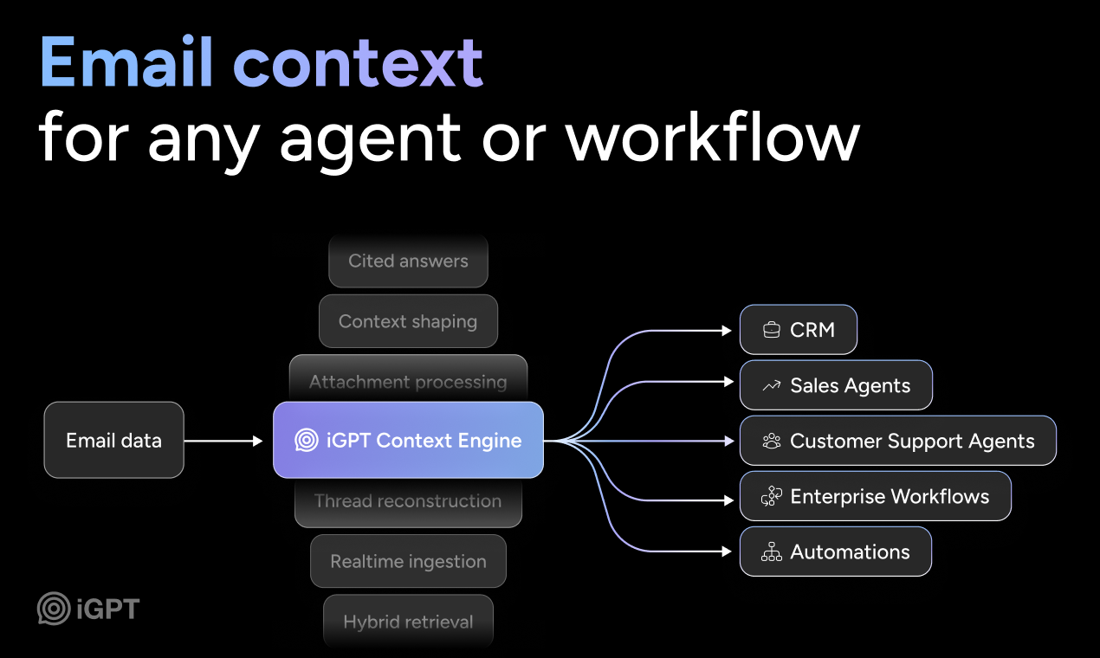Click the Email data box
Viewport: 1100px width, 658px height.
[113, 440]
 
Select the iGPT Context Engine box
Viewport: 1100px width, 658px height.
[408, 440]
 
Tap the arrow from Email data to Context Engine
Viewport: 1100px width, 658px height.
[223, 441]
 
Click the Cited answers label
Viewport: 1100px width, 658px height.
[408, 261]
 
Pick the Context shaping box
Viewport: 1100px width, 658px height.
[408, 321]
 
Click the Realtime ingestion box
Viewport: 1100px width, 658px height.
[408, 561]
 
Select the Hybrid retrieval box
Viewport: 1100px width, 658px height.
[408, 621]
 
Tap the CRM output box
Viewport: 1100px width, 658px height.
[798, 330]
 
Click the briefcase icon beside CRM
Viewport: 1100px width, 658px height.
[771, 330]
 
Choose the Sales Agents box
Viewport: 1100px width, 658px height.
[835, 385]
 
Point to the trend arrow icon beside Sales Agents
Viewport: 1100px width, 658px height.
[771, 386]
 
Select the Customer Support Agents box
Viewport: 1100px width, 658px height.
[897, 441]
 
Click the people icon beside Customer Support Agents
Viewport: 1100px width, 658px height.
[771, 442]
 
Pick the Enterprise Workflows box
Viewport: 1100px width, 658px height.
[875, 496]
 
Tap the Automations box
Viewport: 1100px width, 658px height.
[835, 552]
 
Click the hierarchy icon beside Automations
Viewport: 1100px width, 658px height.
[771, 552]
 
